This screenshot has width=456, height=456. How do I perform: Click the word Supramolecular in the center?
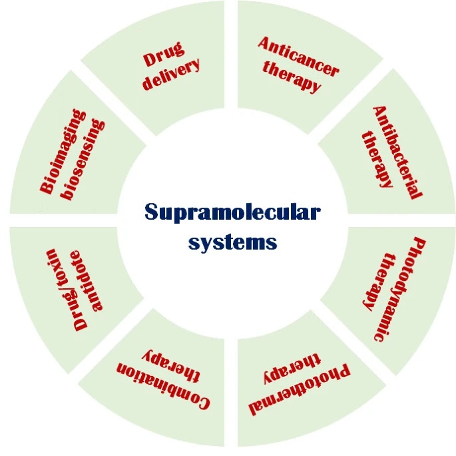pyautogui.click(x=232, y=213)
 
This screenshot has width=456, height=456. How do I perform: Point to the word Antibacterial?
pyautogui.click(x=397, y=152)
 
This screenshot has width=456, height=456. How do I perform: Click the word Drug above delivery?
pyautogui.click(x=164, y=56)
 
